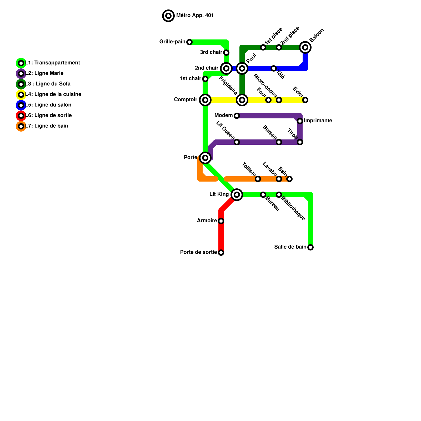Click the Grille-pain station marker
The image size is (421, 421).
point(189,42)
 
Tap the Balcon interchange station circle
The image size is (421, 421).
point(305,47)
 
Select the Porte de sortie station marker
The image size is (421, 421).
point(221,253)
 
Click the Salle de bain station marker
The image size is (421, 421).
point(310,247)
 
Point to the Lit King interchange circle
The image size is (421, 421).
point(237,195)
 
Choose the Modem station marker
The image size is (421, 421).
point(237,116)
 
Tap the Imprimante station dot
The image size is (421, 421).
point(300,121)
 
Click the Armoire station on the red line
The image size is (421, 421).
point(221,221)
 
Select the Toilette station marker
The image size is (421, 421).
point(258,179)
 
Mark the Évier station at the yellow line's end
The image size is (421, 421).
point(305,100)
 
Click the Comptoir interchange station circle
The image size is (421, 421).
point(205,100)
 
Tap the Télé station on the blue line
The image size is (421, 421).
point(274,68)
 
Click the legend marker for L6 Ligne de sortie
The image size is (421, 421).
point(21,116)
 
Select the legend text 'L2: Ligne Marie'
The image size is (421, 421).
point(44,73)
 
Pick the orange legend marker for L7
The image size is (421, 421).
point(21,126)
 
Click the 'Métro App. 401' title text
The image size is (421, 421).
point(195,16)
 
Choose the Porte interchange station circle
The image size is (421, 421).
point(205,158)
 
